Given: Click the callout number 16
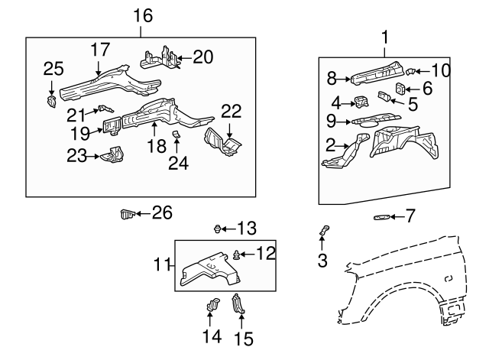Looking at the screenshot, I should coord(142,15).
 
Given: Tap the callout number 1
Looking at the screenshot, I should coord(385,35).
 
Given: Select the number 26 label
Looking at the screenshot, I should coord(162,212).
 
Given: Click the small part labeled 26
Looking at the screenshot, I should coord(128,213).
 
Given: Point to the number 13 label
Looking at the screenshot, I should coord(246,228).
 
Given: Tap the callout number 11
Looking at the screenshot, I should coord(161,265).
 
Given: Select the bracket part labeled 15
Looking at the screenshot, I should coord(238,304).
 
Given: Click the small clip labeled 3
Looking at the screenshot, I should coord(323,229).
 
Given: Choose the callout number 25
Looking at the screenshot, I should coord(53,70).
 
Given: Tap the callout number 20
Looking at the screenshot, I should coord(203,56).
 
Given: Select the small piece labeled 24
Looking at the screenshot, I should coord(175,136).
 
